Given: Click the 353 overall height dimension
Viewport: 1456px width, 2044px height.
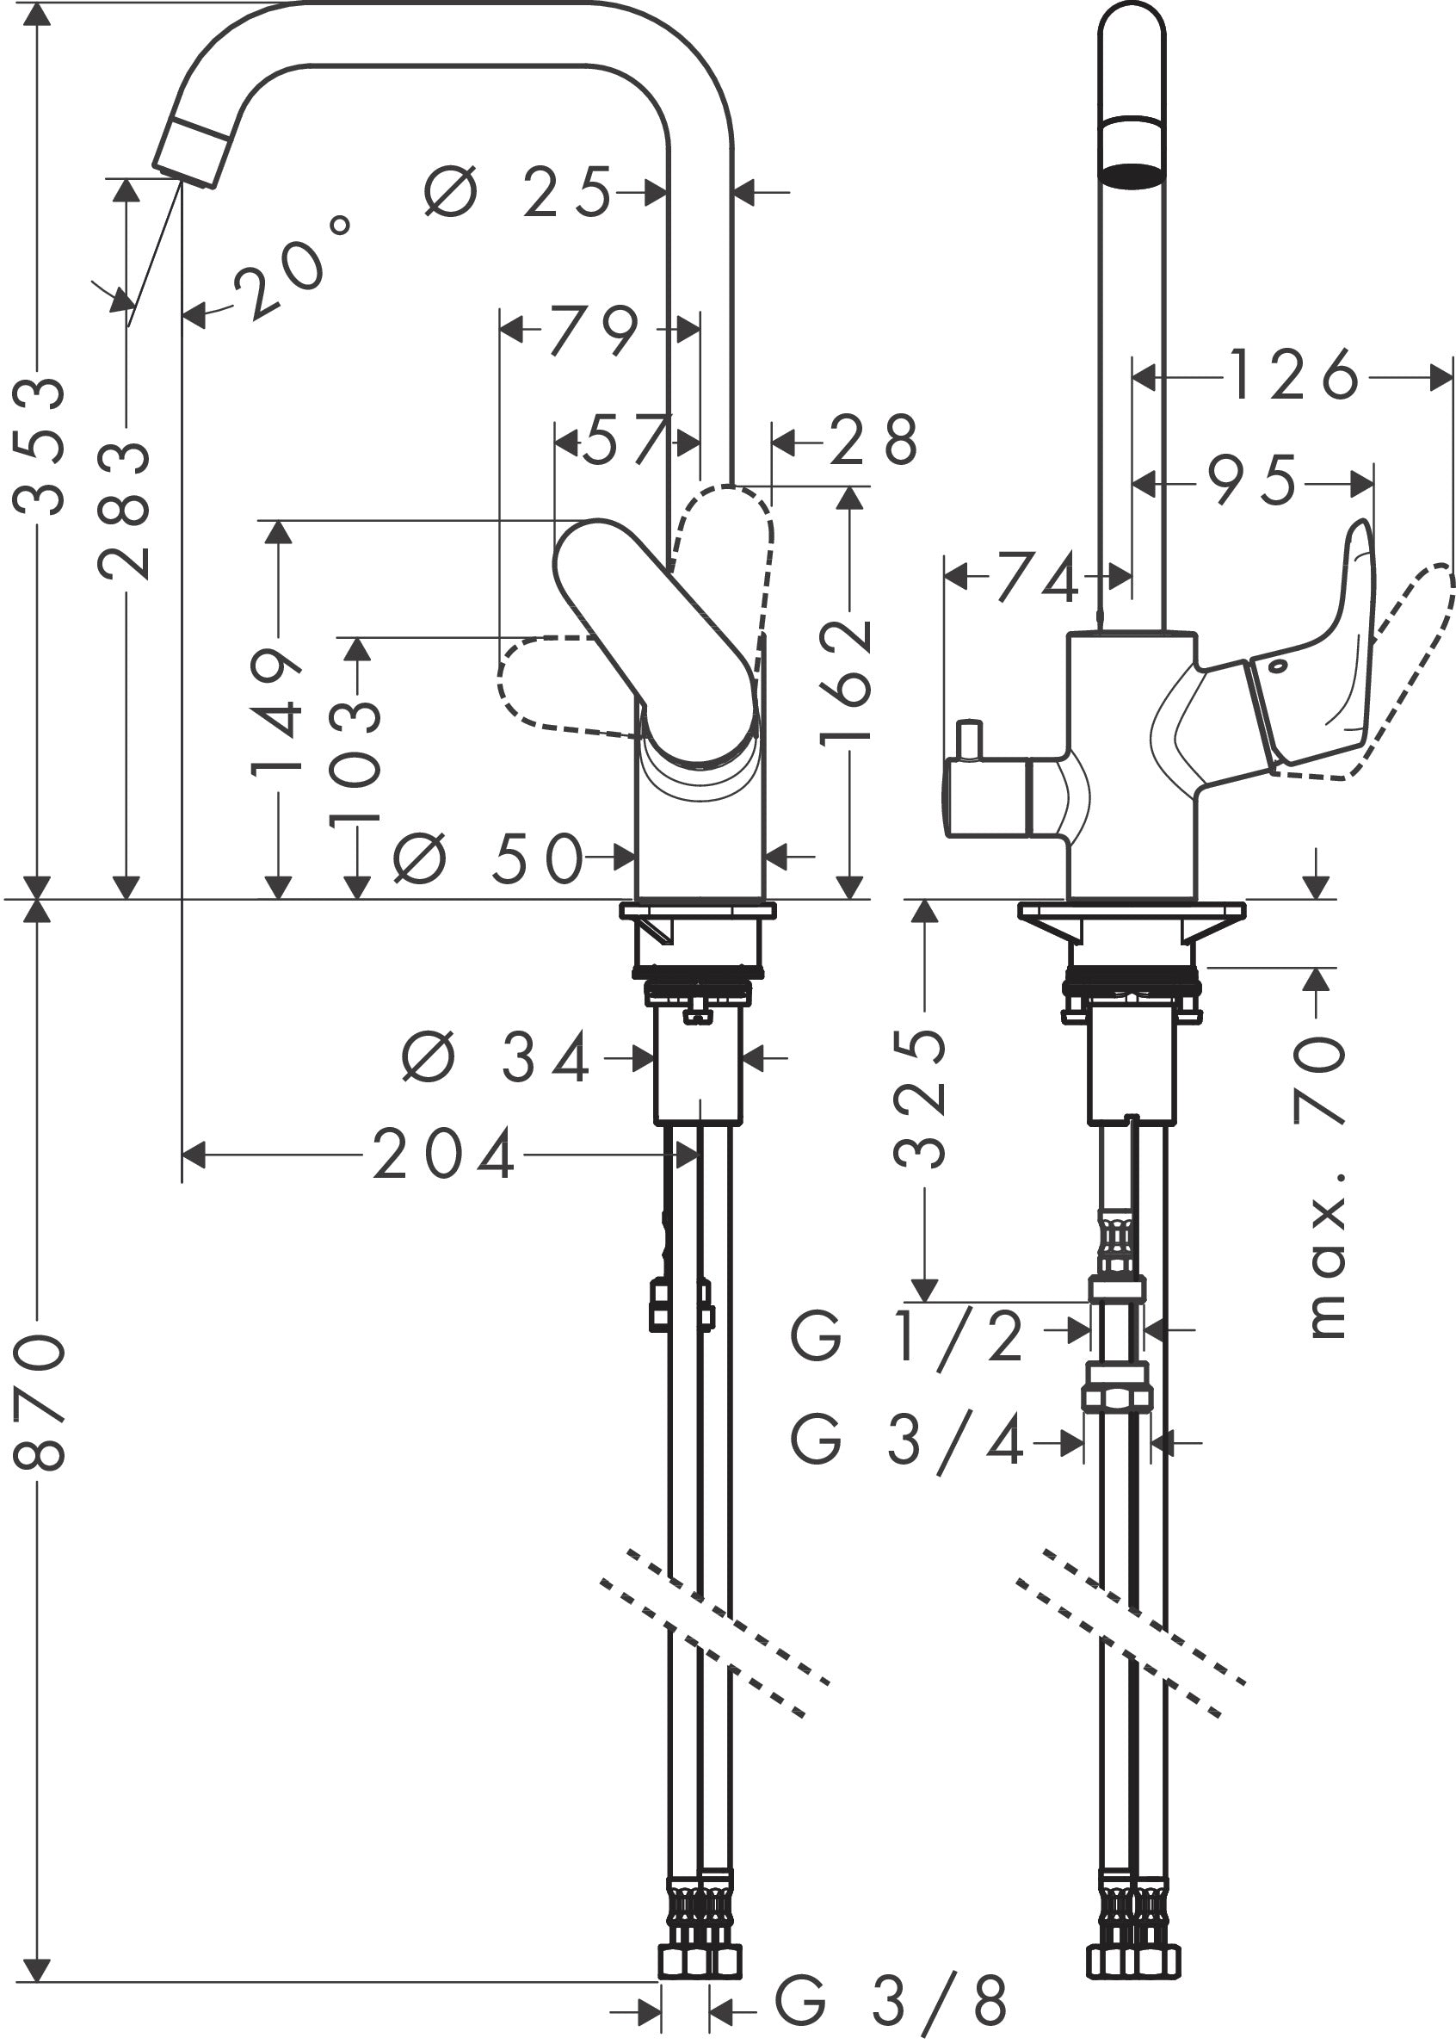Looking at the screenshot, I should (40, 446).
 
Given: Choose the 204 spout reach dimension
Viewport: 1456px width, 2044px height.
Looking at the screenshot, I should (444, 1155).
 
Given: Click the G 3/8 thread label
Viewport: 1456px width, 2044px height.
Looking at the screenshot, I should (891, 1999).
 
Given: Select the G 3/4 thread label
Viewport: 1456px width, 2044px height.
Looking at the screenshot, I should (905, 1442).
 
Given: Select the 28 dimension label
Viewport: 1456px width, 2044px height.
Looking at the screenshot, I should (873, 440).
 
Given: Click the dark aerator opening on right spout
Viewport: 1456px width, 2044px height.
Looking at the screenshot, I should (1132, 174).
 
